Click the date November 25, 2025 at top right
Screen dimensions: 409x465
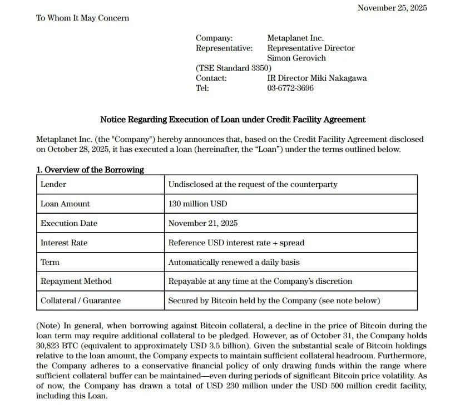(x=392, y=8)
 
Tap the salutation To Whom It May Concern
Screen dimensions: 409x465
(x=82, y=18)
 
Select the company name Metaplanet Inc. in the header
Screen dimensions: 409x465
(x=295, y=38)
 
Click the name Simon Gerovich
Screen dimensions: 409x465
(x=296, y=58)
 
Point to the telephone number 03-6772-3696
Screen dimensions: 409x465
(x=290, y=88)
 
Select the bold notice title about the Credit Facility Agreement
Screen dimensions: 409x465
(x=233, y=119)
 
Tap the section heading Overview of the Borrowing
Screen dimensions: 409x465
(x=90, y=170)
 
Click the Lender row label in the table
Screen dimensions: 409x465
(x=53, y=184)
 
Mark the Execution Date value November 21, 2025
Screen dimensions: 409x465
(x=202, y=223)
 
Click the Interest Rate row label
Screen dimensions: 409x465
(x=64, y=243)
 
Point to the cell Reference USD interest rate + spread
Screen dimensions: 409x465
(x=236, y=243)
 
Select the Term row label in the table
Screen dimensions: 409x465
(x=50, y=262)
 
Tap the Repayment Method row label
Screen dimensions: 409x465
(x=76, y=281)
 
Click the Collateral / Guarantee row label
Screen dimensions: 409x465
(x=80, y=300)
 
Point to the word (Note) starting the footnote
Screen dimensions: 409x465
(x=48, y=326)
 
